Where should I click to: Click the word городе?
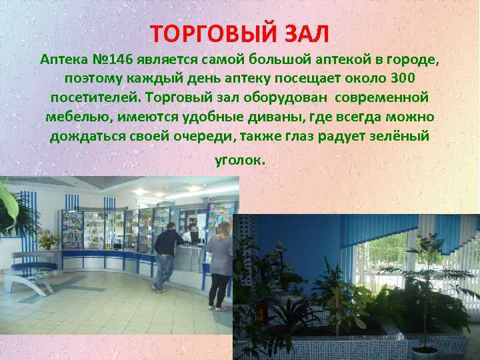(409, 59)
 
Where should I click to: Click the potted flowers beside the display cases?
(48, 238)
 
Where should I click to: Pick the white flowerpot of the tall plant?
(425, 351)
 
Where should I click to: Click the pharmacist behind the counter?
(189, 234)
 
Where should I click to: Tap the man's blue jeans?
(161, 271)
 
